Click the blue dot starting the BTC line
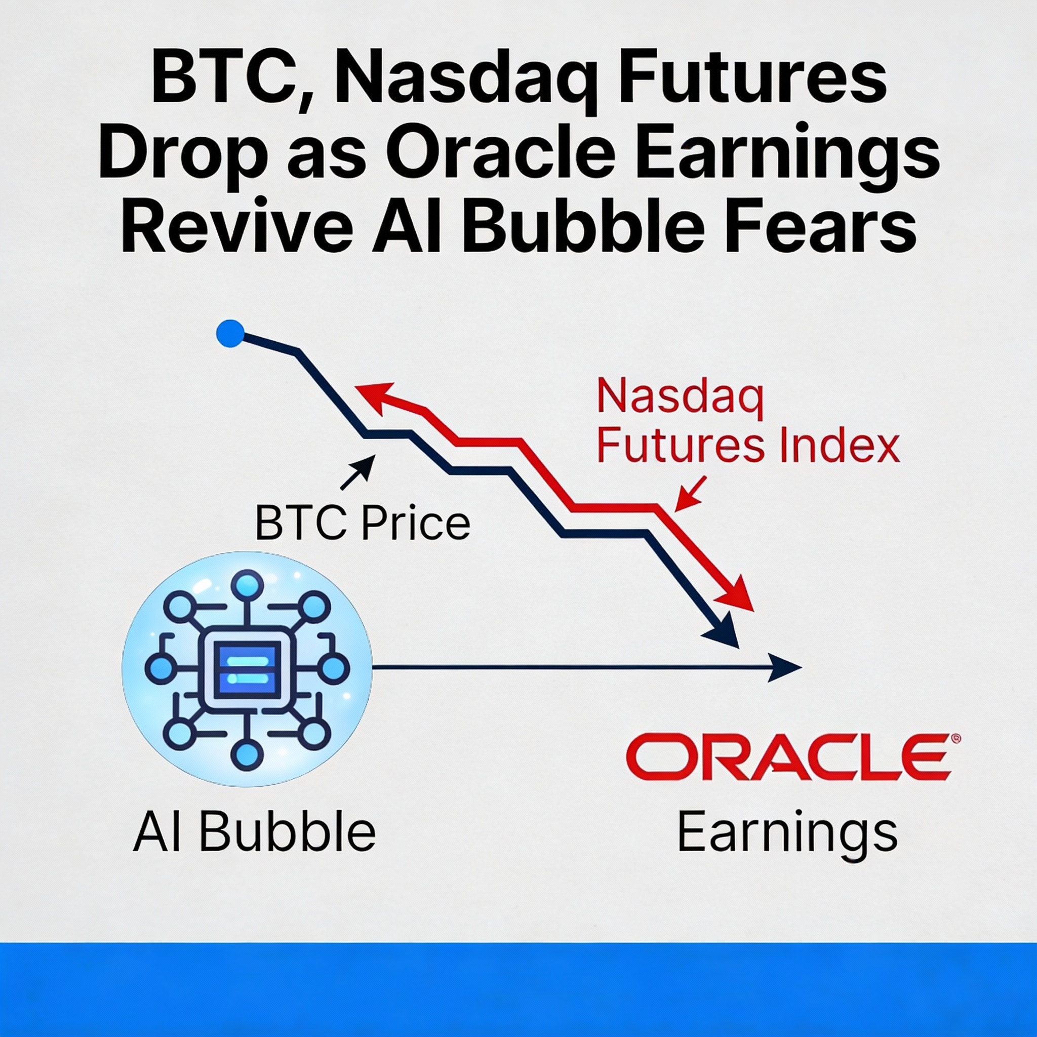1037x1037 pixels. pyautogui.click(x=230, y=334)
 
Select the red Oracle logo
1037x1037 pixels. pyautogui.click(x=786, y=758)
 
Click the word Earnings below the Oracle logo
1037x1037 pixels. pyautogui.click(x=787, y=833)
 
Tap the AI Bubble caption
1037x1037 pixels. pyautogui.click(x=254, y=832)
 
